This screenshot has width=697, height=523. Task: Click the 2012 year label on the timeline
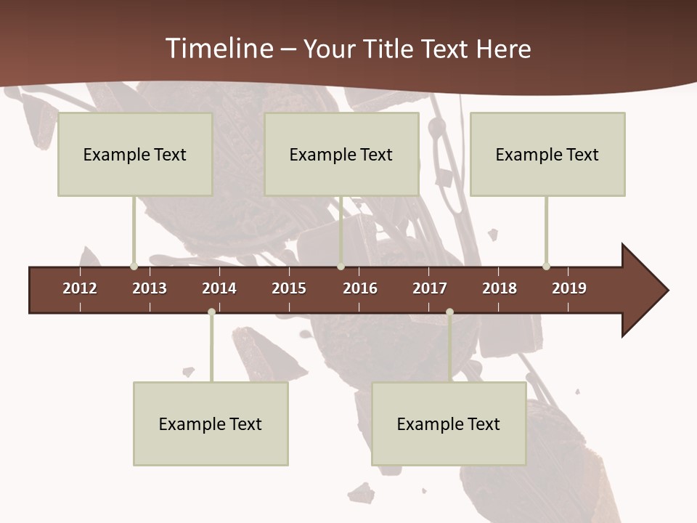coord(80,288)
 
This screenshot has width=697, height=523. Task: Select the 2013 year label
coord(150,288)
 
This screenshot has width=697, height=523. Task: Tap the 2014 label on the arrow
coord(219,288)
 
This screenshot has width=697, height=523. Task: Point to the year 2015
coord(289,288)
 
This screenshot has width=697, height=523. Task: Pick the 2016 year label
coord(360,288)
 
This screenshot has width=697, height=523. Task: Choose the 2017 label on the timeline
coord(430,288)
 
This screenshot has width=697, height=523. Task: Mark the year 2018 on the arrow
coord(500,288)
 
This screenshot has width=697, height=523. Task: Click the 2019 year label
coord(569,288)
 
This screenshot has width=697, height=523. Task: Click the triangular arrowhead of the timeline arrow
coord(643,291)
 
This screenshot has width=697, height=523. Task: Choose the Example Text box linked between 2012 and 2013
coord(135,154)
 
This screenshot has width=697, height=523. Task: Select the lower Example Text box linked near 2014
coord(211,423)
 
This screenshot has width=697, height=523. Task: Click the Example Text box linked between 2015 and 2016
coord(341,154)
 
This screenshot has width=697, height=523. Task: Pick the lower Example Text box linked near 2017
coord(449,423)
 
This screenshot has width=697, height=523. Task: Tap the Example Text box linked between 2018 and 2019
coord(547,154)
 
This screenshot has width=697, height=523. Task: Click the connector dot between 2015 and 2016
coord(341,267)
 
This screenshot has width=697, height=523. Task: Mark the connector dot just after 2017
coord(449,312)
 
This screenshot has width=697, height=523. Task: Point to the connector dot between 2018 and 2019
coord(547,267)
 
